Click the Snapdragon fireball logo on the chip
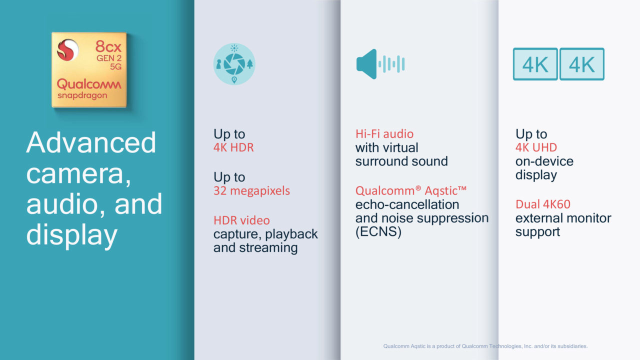67,50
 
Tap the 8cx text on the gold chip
108,46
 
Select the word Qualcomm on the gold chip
89,84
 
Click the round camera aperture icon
234,64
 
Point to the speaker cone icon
366,64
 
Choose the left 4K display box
535,64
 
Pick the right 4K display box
581,64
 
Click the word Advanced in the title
91,142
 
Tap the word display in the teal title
71,235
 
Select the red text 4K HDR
233,147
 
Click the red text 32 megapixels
251,190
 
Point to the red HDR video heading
241,220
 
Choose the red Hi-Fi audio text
384,133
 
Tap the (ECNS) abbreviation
378,231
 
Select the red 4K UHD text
536,147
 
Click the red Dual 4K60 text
543,204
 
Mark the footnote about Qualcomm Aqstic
485,346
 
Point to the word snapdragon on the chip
82,95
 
